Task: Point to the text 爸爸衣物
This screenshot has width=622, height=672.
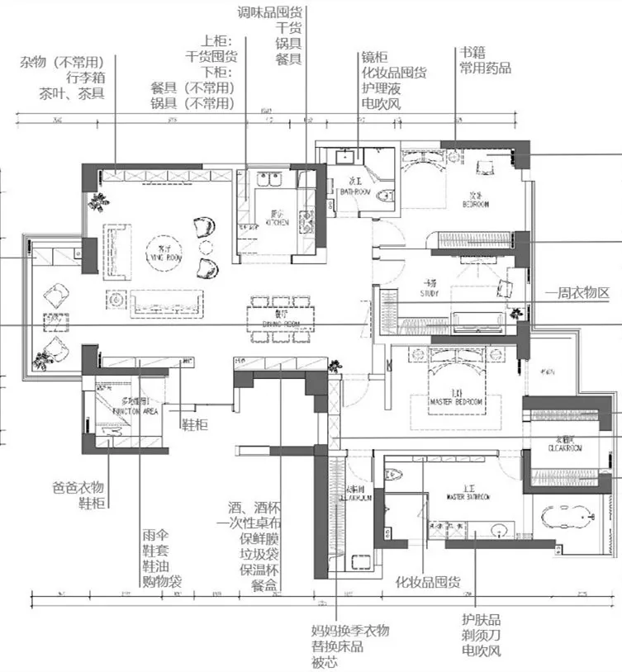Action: coord(78,485)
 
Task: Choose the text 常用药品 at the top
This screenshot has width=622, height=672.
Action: coord(485,68)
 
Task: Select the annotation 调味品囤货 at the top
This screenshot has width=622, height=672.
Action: coord(269,12)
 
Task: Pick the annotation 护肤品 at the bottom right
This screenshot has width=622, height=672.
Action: coord(481,620)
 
